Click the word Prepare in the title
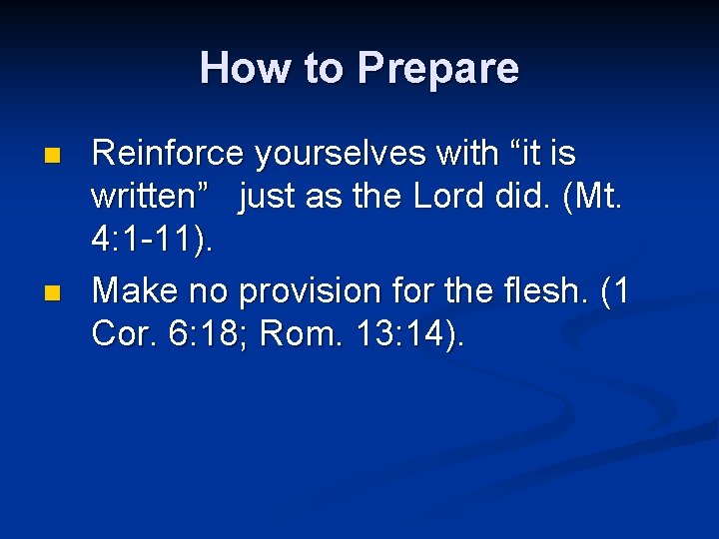[437, 69]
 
